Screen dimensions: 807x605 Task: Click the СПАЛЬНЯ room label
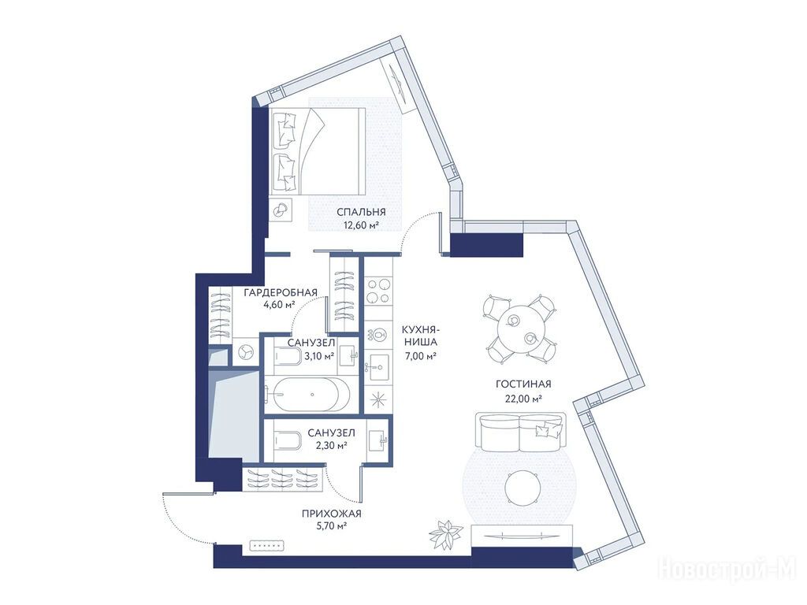pos(361,212)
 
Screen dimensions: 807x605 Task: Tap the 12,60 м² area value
pos(361,225)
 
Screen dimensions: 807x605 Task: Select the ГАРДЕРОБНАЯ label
pos(280,293)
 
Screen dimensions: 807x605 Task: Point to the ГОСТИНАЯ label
pos(523,384)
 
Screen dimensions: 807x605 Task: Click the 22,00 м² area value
pos(523,398)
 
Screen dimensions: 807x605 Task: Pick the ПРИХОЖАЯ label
pos(332,514)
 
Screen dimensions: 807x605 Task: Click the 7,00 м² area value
pos(421,355)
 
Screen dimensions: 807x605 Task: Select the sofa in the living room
pos(521,431)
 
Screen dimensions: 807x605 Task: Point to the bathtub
pos(307,395)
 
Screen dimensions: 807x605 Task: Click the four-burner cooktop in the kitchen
pos(378,291)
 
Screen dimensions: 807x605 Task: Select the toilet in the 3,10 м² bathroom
pos(288,356)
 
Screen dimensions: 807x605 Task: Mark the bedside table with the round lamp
pos(281,210)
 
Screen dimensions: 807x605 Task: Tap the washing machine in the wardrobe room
pos(244,351)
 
